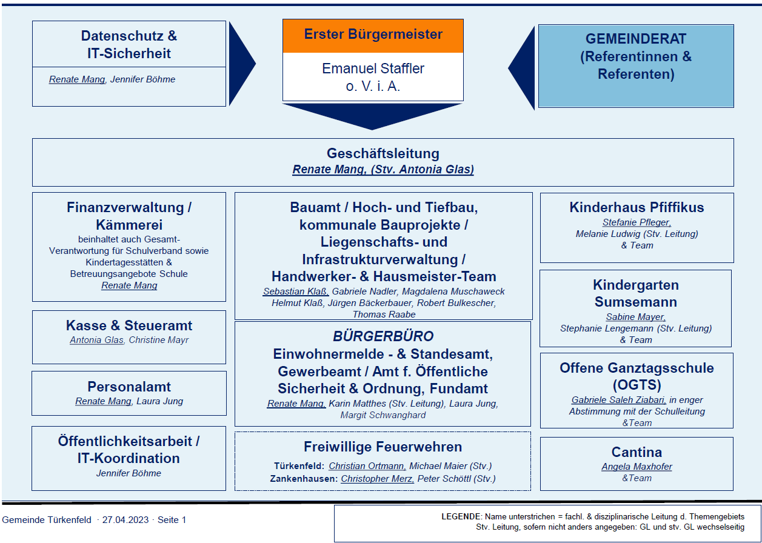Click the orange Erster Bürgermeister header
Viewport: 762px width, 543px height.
pos(373,36)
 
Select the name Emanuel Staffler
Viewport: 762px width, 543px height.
pos(373,68)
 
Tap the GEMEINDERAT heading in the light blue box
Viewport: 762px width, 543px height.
pos(636,39)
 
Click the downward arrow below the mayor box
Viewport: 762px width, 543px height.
pos(372,116)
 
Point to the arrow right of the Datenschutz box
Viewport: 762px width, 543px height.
pos(241,64)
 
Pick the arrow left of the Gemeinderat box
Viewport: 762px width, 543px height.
pos(522,68)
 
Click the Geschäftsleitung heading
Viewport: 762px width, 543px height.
pos(383,153)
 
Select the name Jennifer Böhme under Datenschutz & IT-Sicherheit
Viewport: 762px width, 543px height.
pos(142,79)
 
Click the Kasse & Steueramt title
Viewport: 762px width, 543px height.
pos(129,325)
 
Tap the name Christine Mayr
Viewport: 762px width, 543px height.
pos(159,340)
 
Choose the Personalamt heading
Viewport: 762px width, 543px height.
pos(129,387)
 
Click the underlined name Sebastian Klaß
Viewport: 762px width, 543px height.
pos(295,291)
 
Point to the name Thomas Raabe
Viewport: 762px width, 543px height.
pos(384,315)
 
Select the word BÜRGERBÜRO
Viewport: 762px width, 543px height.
pos(383,336)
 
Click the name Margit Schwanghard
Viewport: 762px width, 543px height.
pos(383,415)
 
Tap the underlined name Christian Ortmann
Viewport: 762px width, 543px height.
pos(367,466)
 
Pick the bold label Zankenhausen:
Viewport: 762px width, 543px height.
pos(304,479)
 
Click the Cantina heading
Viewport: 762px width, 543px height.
pos(637,452)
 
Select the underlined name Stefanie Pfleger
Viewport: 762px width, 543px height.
pos(637,222)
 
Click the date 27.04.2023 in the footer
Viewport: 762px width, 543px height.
pos(125,520)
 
